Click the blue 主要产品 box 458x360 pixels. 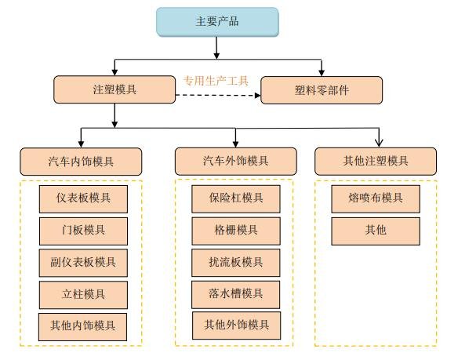pyautogui.click(x=216, y=23)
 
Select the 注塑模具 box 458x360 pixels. pyautogui.click(x=115, y=90)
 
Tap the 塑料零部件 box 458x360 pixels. pyautogui.click(x=322, y=90)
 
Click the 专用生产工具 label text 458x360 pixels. pyautogui.click(x=216, y=80)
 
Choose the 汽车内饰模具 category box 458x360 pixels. pyautogui.click(x=81, y=162)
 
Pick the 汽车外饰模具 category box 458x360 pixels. pyautogui.click(x=235, y=162)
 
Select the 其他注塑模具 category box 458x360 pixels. pyautogui.click(x=376, y=162)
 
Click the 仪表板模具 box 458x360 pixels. pyautogui.click(x=84, y=199)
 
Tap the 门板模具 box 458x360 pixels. pyautogui.click(x=84, y=231)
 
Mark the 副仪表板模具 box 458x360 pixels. pyautogui.click(x=84, y=262)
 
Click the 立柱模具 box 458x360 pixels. pyautogui.click(x=84, y=293)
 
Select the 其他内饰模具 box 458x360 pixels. pyautogui.click(x=84, y=324)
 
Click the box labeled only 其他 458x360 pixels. pyautogui.click(x=376, y=231)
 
